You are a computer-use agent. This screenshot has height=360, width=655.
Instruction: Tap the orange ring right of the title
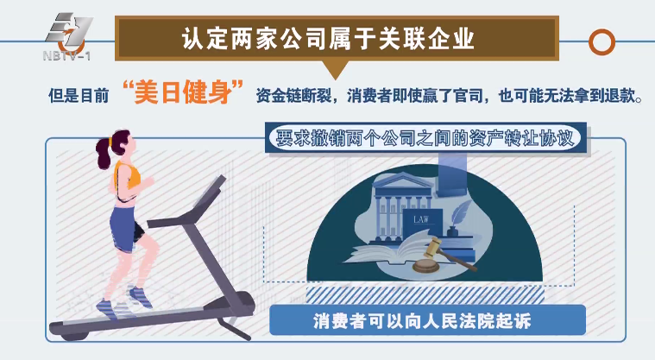[x=601, y=41]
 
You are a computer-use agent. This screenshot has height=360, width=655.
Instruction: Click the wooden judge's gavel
[x=436, y=256]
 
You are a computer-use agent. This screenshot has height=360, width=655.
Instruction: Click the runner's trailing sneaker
[x=106, y=306]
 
